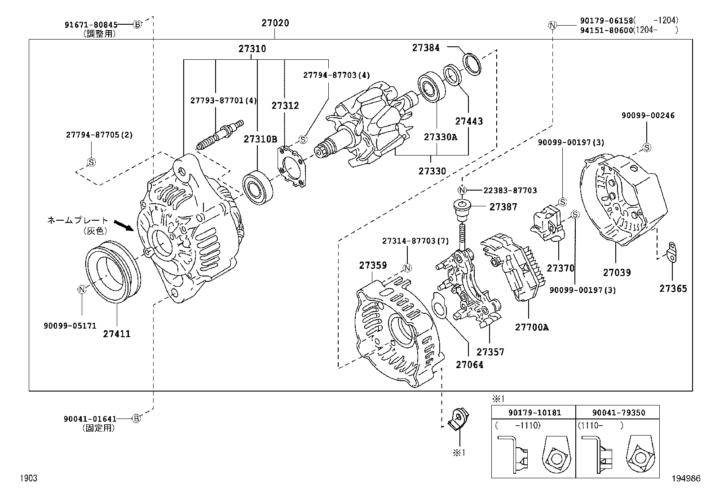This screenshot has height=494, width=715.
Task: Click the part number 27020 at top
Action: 275,23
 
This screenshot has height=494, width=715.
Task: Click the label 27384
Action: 426,48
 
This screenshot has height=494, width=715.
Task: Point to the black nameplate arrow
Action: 124,224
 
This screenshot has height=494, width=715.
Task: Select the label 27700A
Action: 532,327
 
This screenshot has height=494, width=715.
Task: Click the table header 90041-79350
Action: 618,412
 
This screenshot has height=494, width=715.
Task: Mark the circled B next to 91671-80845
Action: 137,24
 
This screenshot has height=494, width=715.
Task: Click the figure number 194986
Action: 686,479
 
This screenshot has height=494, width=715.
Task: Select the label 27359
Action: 373,266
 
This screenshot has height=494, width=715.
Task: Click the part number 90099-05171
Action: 70,325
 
